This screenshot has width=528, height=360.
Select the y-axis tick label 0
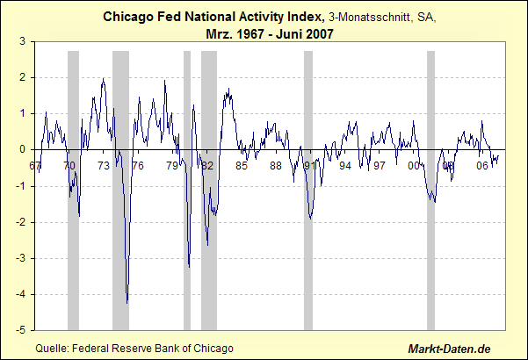tap(24, 149)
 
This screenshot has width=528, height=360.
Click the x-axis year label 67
tap(34, 165)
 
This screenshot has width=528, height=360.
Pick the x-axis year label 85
tap(241, 165)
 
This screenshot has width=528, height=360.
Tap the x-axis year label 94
tap(344, 165)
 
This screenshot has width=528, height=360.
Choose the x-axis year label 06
tap(481, 165)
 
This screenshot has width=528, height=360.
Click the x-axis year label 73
tap(103, 165)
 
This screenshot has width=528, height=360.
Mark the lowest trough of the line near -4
tap(127, 303)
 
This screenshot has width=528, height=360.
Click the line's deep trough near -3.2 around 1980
tap(189, 266)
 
